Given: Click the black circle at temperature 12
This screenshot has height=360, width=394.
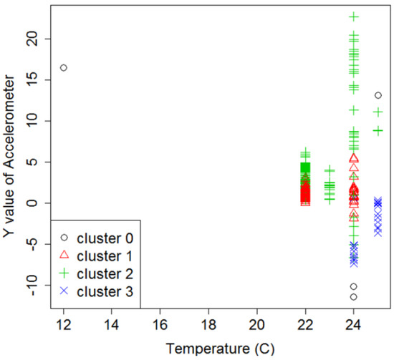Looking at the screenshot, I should click(64, 67).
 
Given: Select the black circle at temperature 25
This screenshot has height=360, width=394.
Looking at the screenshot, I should click(378, 95).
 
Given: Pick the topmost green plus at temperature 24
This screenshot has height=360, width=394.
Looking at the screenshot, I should click(354, 16).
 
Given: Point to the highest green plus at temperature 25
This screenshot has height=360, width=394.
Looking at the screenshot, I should click(378, 112).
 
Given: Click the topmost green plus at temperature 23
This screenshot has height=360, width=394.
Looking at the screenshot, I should click(330, 170).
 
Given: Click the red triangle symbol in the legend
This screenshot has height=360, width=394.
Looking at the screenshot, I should click(64, 255).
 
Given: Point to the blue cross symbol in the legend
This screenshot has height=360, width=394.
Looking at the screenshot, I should click(64, 291).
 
